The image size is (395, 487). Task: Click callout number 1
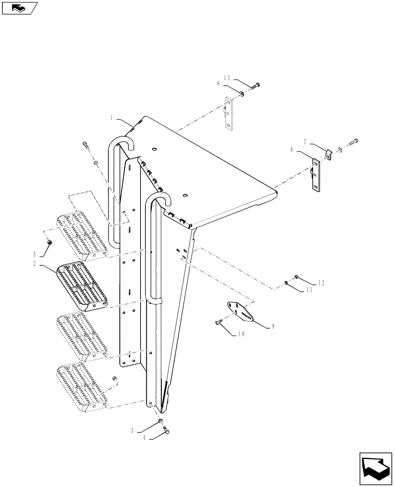coord(112,117)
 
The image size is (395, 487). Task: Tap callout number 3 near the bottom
coord(132,430)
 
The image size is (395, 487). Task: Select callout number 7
coord(305,142)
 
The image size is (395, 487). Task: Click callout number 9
coord(273,327)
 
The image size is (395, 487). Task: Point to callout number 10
coord(242,334)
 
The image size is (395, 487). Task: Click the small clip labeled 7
coord(327,154)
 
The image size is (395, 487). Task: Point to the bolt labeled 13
coord(255,86)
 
